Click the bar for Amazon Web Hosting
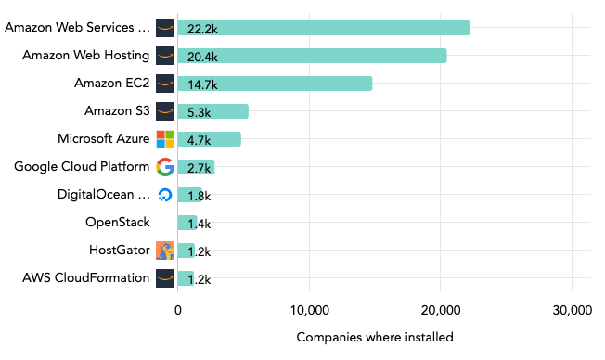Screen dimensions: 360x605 click(311, 56)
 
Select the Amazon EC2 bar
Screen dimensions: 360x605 click(274, 84)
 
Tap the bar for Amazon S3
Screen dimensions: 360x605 click(213, 111)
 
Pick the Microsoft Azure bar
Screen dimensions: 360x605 click(209, 139)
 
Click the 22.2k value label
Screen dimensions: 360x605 click(202, 29)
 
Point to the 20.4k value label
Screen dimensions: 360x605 click(202, 57)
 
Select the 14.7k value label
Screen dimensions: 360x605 click(202, 84)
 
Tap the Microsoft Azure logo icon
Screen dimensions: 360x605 click(165, 139)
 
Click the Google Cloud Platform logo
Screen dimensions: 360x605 click(165, 167)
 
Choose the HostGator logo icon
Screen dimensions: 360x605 click(165, 250)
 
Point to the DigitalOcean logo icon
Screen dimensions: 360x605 click(165, 195)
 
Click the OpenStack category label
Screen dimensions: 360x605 click(118, 223)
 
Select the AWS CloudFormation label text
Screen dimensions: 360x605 click(86, 277)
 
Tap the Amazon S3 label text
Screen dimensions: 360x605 click(117, 111)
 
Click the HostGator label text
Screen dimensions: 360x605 click(120, 250)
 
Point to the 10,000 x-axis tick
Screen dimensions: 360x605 click(308, 310)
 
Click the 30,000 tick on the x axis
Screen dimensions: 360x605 click(571, 310)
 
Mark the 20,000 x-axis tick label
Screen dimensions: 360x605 click(440, 310)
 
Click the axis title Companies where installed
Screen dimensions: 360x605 click(375, 337)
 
